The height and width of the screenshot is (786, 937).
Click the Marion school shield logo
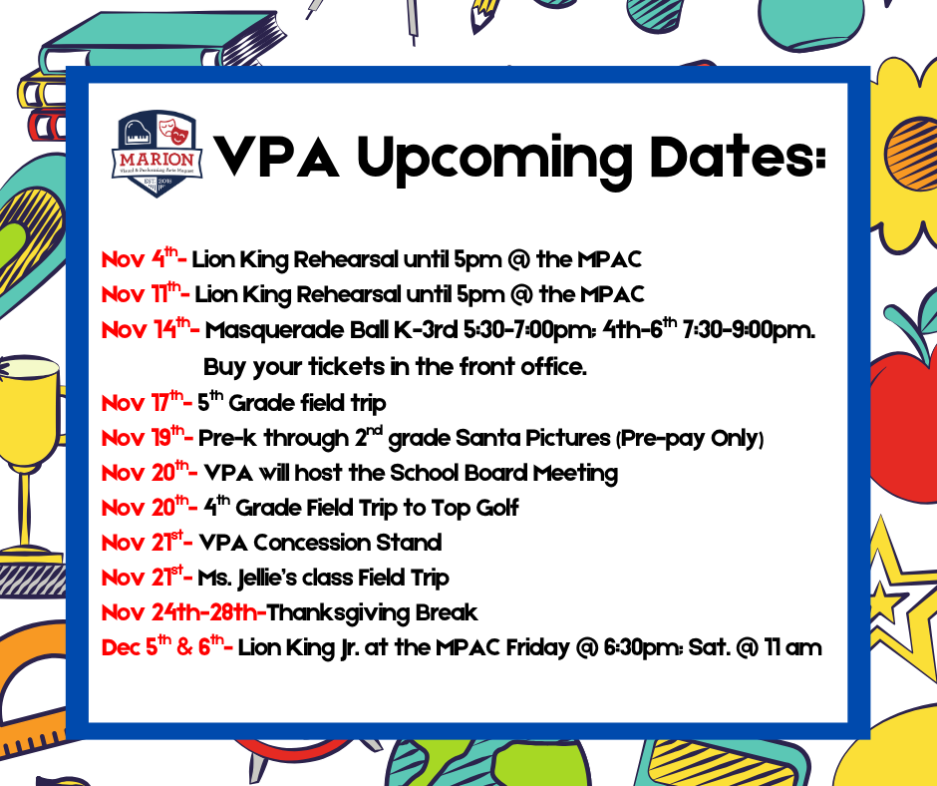(x=158, y=154)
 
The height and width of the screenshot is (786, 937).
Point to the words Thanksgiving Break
(x=373, y=612)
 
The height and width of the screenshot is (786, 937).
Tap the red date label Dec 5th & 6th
(x=166, y=646)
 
